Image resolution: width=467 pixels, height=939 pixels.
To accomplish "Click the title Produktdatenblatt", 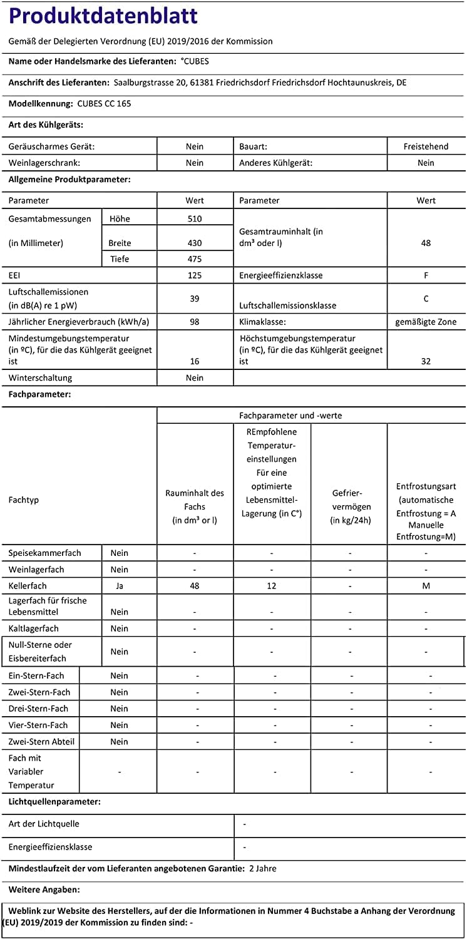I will tap(103, 16).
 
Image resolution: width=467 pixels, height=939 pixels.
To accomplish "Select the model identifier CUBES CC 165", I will tap(105, 103).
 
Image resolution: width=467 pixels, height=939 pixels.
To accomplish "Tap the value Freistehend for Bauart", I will tap(426, 146).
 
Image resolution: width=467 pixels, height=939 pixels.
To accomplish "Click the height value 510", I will tap(195, 218).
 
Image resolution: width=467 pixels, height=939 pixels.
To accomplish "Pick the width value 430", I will tap(195, 243).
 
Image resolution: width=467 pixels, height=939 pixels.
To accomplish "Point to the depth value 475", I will tap(195, 259).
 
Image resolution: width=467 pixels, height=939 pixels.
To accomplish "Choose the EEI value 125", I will tap(195, 275).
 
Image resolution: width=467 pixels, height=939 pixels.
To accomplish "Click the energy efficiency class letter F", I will tap(426, 275).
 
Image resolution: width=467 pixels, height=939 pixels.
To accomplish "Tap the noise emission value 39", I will tap(195, 299).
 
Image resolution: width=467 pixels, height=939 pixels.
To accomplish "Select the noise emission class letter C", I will tap(426, 299).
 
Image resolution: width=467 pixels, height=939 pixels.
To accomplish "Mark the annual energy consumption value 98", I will tap(195, 322).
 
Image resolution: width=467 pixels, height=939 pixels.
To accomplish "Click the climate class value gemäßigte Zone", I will tap(426, 322).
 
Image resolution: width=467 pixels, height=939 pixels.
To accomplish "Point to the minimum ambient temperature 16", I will tap(195, 361).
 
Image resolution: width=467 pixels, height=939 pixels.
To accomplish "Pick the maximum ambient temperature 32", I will tap(426, 361).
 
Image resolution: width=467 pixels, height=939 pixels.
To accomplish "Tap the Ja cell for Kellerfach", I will tap(120, 586).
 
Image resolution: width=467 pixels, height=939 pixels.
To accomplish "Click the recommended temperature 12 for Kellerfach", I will tap(272, 586).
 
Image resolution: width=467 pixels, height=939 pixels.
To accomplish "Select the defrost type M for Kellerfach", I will tap(426, 586).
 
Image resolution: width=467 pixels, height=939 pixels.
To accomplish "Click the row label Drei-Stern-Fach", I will tap(39, 709).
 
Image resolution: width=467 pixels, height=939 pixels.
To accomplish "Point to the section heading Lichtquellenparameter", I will tap(54, 801).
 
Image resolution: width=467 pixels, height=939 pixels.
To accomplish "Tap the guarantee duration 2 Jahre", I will tap(262, 868).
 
